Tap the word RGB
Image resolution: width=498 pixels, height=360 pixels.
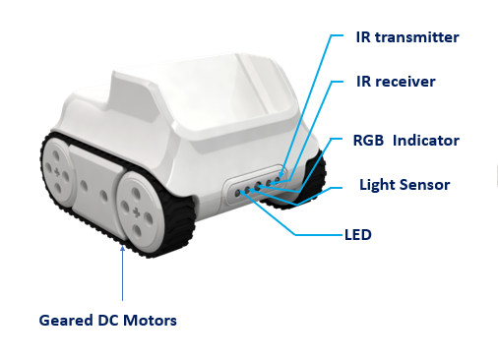click(370, 140)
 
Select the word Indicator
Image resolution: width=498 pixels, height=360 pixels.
click(426, 140)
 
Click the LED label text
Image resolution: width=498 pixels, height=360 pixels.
click(357, 236)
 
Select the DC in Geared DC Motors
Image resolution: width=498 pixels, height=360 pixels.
click(111, 320)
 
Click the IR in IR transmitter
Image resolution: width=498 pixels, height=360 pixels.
click(364, 37)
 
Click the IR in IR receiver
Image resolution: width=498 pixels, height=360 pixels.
click(364, 81)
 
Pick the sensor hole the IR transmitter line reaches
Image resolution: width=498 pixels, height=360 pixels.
click(278, 177)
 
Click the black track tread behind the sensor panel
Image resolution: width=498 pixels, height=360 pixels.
click(312, 177)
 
